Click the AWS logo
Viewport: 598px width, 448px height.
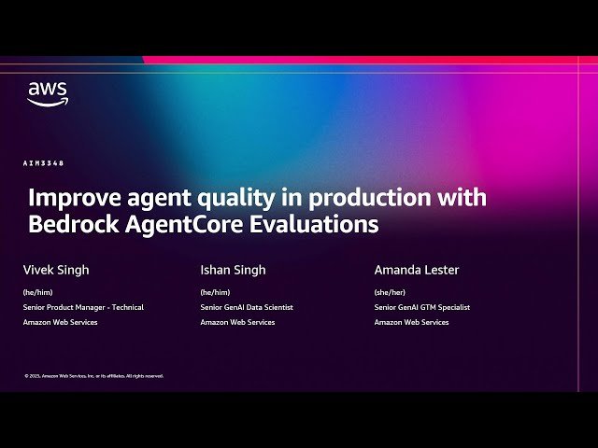47,94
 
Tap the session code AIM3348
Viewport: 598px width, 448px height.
44,163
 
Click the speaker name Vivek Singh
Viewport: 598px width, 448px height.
57,270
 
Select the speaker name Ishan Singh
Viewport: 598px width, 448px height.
233,270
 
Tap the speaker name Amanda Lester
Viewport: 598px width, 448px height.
417,270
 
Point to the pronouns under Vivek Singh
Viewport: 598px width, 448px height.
36,292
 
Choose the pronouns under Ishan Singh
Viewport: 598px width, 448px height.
214,292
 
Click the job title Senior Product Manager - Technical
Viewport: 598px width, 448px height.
83,307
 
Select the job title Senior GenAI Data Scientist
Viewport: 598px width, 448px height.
247,307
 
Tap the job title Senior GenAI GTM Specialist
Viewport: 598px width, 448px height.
422,307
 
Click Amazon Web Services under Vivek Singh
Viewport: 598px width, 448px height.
60,322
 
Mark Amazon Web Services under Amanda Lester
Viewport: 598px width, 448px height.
411,322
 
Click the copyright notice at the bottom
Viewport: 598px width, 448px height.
93,376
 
